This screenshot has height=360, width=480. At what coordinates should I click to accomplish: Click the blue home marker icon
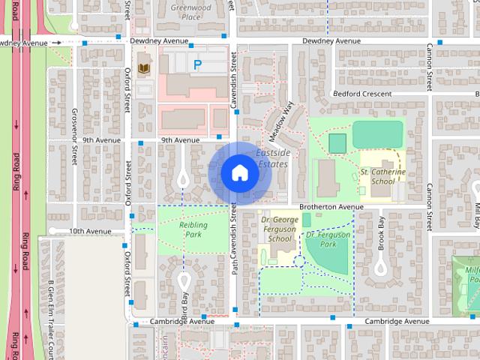(239, 173)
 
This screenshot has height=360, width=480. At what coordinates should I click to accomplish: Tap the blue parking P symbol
(197, 65)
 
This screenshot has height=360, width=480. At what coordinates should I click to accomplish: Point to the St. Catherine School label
(382, 176)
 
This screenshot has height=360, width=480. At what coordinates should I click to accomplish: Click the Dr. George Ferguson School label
(280, 229)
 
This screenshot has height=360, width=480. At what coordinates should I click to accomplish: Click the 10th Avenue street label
(90, 232)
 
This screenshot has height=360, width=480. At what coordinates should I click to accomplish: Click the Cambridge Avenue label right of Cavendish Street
(397, 321)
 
